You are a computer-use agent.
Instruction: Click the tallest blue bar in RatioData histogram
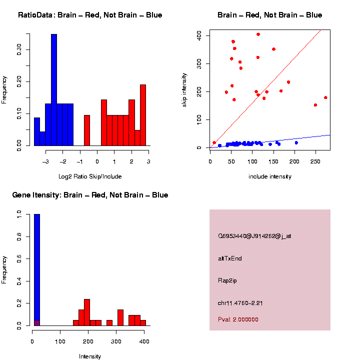click(54, 90)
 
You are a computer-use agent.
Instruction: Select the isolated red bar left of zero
click(87, 130)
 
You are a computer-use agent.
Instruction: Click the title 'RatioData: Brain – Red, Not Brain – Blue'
click(90, 15)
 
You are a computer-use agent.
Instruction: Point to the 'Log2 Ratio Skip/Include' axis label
click(90, 176)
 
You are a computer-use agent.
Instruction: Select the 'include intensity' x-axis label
click(270, 176)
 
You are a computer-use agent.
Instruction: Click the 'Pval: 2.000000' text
click(238, 319)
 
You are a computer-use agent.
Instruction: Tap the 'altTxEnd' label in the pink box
click(230, 258)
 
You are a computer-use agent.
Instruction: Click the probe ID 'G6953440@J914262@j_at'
click(254, 236)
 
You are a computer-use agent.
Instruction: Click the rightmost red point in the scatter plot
click(325, 97)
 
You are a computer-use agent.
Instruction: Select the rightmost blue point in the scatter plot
click(296, 143)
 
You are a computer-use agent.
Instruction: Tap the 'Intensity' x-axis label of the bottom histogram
click(90, 356)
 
